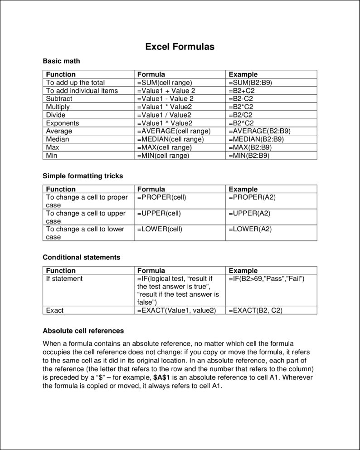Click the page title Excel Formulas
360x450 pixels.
point(180,47)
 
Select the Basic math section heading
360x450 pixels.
point(61,61)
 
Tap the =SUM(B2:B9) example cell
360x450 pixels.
point(250,83)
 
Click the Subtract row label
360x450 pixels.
point(59,99)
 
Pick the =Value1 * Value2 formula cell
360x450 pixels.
point(165,107)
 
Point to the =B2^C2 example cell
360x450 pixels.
point(241,123)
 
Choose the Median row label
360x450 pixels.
point(58,139)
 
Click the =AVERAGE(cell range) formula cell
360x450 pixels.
point(174,131)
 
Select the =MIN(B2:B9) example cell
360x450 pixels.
point(249,156)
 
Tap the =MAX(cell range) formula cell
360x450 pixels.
point(164,147)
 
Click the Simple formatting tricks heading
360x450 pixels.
point(83,176)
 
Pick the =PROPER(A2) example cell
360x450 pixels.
point(252,197)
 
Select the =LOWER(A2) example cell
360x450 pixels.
point(250,229)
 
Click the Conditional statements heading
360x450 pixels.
point(81,257)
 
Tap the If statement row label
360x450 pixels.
point(64,279)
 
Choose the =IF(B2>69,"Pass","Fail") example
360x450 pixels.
point(267,279)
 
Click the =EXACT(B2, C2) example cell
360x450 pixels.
point(256,311)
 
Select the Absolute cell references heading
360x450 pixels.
point(83,331)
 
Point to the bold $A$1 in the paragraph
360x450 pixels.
point(162,377)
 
